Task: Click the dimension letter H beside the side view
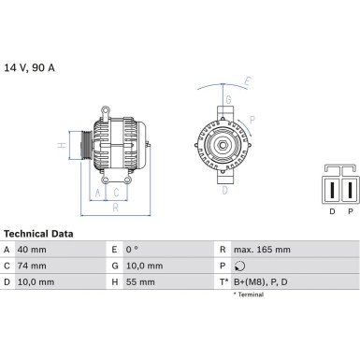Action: (61, 145)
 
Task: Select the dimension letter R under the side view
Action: (113, 209)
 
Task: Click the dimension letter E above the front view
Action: (245, 81)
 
